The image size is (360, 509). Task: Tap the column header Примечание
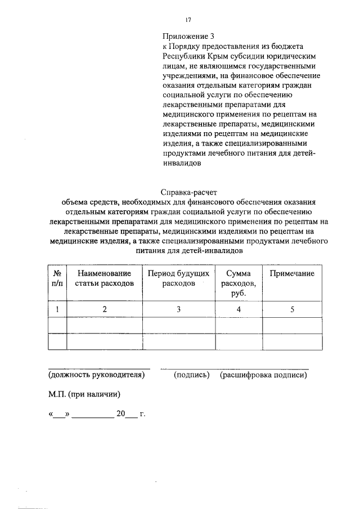click(x=291, y=273)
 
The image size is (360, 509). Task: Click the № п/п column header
click(x=57, y=278)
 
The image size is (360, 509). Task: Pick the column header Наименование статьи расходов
click(x=105, y=278)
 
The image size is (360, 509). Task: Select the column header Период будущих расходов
click(x=178, y=278)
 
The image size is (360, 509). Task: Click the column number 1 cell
click(x=57, y=309)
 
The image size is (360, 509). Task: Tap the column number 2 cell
click(x=105, y=309)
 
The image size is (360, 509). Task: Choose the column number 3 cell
click(x=178, y=309)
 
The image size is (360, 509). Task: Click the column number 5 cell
click(x=291, y=309)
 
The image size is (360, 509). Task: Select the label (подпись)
click(x=192, y=375)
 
